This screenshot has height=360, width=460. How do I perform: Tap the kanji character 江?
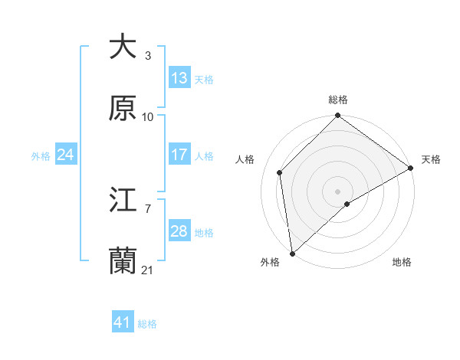click(x=123, y=200)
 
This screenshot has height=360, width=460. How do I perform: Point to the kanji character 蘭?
click(x=123, y=262)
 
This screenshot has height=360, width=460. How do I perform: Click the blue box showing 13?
click(x=179, y=78)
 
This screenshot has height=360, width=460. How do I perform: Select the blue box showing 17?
click(x=179, y=155)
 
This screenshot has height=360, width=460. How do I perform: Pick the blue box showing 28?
click(x=179, y=231)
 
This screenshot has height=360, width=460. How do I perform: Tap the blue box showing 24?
click(x=66, y=155)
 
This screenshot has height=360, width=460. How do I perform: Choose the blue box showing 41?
click(x=123, y=323)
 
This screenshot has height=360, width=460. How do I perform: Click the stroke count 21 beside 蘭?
click(x=147, y=270)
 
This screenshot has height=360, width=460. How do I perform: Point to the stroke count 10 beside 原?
click(x=147, y=116)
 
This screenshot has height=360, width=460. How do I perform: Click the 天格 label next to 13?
click(x=203, y=79)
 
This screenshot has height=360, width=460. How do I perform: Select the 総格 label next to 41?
click(x=147, y=324)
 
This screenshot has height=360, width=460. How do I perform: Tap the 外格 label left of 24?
click(x=41, y=155)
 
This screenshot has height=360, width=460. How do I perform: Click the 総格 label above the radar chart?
click(x=338, y=100)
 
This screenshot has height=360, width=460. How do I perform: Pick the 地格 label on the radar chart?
click(x=402, y=262)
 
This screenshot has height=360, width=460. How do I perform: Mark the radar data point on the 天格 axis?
click(x=411, y=168)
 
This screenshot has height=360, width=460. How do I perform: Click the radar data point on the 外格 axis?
click(x=292, y=253)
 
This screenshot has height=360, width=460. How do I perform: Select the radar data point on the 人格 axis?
click(x=280, y=172)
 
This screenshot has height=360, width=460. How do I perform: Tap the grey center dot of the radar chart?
click(x=337, y=191)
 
